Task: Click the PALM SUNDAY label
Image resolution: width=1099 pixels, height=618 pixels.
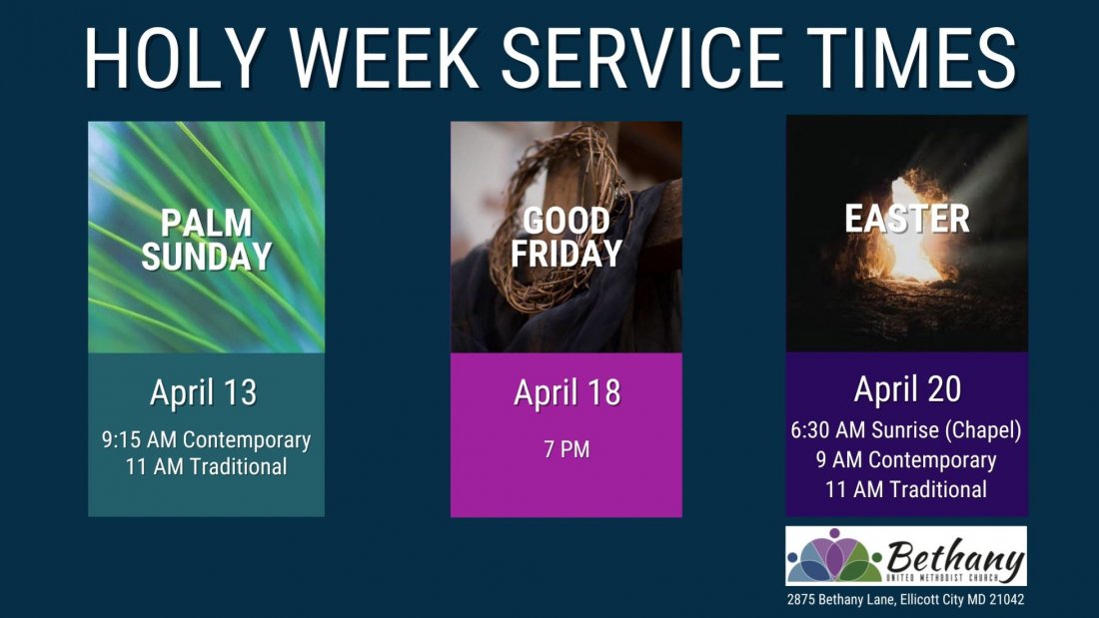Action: pos(206,240)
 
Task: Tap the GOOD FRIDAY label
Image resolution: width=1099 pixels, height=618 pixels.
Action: pos(566,237)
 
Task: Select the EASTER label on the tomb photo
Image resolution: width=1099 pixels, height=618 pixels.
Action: pos(907,219)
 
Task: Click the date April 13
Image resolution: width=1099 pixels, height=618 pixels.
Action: pos(204,392)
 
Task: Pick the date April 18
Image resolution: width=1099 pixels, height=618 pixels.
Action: pos(566,392)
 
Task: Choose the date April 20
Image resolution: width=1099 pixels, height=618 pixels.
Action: pos(907,389)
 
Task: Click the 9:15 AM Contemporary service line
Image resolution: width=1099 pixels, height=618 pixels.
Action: pos(206,439)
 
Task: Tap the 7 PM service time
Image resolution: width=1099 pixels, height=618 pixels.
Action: pos(566,449)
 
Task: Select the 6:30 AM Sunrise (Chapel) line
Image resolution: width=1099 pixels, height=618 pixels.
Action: pos(906,431)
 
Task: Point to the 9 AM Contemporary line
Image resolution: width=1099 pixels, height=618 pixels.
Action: pos(906,460)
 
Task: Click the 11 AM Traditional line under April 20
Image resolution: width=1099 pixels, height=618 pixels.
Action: pos(906,489)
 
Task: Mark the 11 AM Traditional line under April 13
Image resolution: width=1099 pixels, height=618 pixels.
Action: pos(206,466)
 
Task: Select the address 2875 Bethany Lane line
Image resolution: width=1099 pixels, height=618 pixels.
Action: pos(905,600)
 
